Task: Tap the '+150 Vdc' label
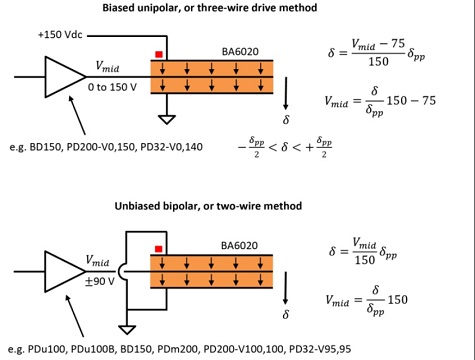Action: click(x=63, y=34)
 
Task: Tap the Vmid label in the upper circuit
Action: click(x=107, y=67)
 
